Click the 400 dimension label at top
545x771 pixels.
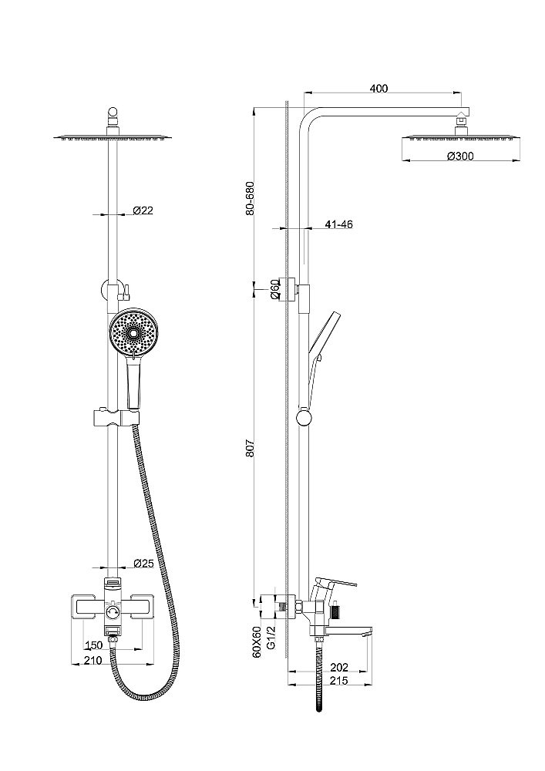point(378,89)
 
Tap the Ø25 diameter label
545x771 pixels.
point(143,564)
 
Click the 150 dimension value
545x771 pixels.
point(93,645)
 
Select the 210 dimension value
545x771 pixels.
point(93,661)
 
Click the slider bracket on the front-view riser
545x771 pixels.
point(115,419)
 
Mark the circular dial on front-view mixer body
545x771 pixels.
point(113,614)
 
